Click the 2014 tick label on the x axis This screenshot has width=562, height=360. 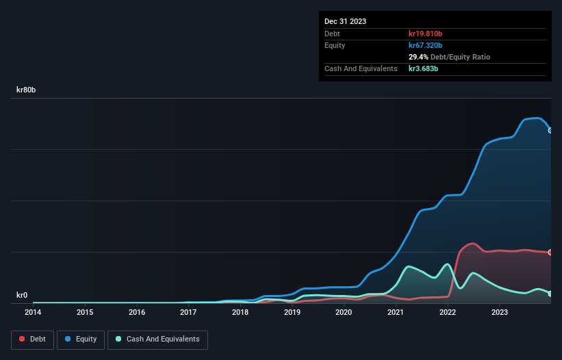pos(33,313)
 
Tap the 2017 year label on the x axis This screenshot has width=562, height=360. pos(188,313)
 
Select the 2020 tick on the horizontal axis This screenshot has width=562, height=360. pos(344,313)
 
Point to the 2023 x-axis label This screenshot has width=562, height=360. pos(499,313)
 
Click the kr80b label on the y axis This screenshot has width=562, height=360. pos(27,90)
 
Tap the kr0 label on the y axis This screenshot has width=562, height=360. pos(22,295)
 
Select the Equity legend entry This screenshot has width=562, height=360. pos(81,339)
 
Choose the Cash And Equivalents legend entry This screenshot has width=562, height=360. pos(157,339)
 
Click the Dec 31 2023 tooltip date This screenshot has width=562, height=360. pos(345,21)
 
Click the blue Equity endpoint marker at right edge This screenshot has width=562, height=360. pos(550,130)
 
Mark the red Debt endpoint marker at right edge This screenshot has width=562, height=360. pos(550,253)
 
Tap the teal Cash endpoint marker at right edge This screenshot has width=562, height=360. pos(550,294)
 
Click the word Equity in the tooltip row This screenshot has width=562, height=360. pos(335,45)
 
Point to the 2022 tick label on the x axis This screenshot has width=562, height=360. pos(447,313)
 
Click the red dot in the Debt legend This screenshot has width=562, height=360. pos(23,339)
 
